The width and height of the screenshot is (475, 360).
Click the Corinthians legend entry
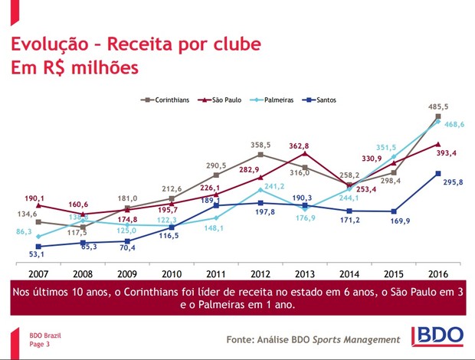tap(166, 100)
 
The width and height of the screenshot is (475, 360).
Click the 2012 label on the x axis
tap(261, 273)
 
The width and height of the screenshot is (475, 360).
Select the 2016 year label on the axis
tap(438, 273)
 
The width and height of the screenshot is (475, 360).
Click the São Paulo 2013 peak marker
tap(305, 154)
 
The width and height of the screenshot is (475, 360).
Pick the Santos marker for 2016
tap(438, 174)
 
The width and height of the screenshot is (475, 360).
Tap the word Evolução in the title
tap(51, 44)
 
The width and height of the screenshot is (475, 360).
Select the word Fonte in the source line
tap(243, 339)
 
